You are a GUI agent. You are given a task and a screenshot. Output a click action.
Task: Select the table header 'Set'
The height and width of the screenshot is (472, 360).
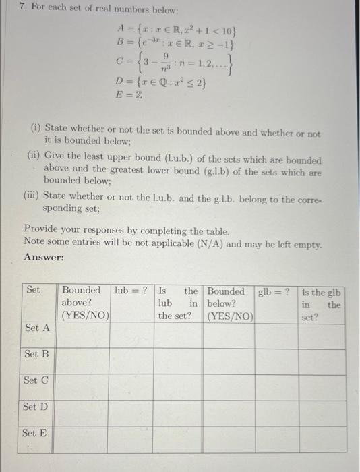click(x=33, y=291)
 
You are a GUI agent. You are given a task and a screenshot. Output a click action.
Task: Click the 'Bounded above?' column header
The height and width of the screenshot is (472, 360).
click(x=84, y=303)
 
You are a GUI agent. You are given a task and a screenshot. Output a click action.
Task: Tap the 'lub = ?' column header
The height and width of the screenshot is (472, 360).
click(x=131, y=291)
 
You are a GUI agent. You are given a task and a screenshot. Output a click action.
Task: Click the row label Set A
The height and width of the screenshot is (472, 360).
click(x=37, y=328)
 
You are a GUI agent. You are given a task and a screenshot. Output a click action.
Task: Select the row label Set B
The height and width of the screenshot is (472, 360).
click(x=36, y=354)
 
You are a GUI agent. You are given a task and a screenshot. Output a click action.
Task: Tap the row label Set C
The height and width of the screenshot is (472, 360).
click(x=36, y=380)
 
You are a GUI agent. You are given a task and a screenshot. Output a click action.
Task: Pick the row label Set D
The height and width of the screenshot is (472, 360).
click(x=36, y=407)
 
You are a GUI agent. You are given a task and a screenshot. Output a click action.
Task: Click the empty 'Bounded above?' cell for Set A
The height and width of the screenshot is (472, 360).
click(x=84, y=334)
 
